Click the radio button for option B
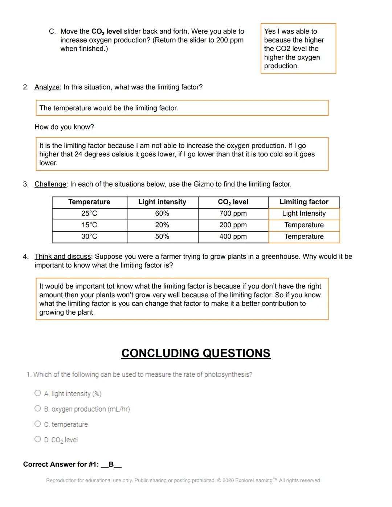pyautogui.click(x=38, y=409)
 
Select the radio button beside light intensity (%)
pyautogui.click(x=38, y=393)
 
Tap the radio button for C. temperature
pyautogui.click(x=38, y=424)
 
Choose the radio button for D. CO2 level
pyautogui.click(x=38, y=439)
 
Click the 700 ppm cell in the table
pyautogui.click(x=233, y=213)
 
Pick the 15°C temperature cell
pyautogui.click(x=89, y=225)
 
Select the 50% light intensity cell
pyautogui.click(x=162, y=237)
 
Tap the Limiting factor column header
pyautogui.click(x=304, y=202)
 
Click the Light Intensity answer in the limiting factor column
pyautogui.click(x=304, y=213)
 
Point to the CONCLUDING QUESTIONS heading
pyautogui.click(x=196, y=353)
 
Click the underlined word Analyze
pyautogui.click(x=47, y=87)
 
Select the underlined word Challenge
pyautogui.click(x=50, y=184)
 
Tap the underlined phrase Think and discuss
pyautogui.click(x=62, y=257)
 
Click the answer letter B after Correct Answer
pyautogui.click(x=111, y=464)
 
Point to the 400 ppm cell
pyautogui.click(x=233, y=237)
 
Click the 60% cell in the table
pyautogui.click(x=162, y=213)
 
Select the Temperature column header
pyautogui.click(x=89, y=202)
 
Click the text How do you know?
pyautogui.click(x=64, y=127)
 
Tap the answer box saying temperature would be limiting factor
pyautogui.click(x=182, y=108)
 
